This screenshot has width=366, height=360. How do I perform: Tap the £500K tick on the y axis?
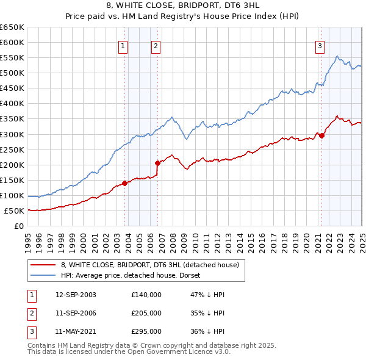pos(12,73)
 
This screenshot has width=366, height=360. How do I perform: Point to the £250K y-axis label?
pos(12,149)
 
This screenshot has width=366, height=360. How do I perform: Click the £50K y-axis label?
pos(15,211)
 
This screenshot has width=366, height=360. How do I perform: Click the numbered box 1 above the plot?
pos(123,46)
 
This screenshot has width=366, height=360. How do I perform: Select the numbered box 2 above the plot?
pos(156,46)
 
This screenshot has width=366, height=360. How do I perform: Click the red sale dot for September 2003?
pos(124,183)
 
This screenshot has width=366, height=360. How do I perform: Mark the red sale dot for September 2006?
pos(158,163)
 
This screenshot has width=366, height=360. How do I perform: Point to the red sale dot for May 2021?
pos(321,135)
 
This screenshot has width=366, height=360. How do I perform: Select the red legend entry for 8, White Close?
pos(152,265)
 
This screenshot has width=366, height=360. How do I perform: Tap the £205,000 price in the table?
pos(146,313)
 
